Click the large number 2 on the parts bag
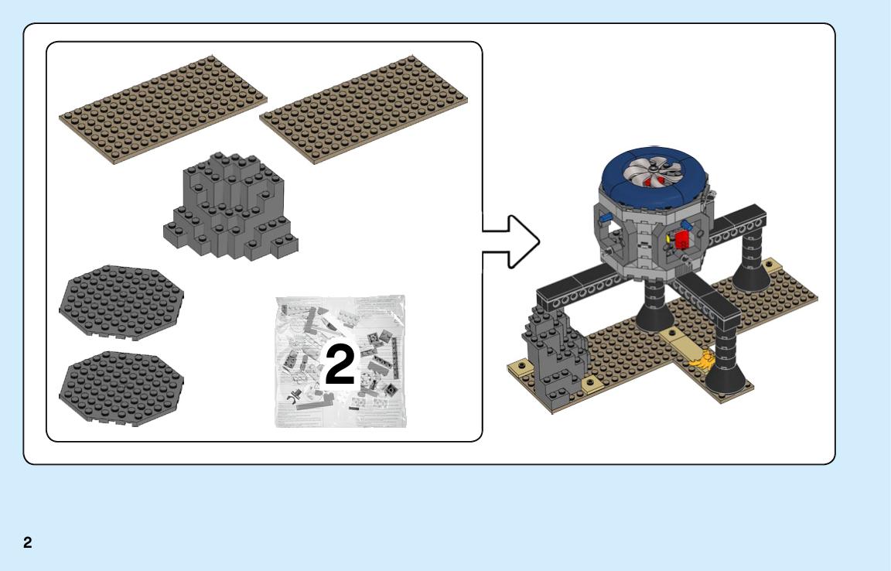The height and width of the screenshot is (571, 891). [x=340, y=364]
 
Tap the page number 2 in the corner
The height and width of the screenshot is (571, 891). [x=28, y=542]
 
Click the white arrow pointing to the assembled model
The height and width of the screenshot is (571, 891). [x=510, y=241]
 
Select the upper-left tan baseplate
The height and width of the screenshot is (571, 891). [x=163, y=109]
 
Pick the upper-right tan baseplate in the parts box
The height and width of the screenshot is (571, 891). [x=364, y=109]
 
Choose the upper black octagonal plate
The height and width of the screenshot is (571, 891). [x=121, y=302]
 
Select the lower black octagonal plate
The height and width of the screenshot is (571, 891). [x=121, y=388]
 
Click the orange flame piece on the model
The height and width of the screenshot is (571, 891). [x=702, y=361]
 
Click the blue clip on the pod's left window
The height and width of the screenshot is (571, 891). [x=606, y=217]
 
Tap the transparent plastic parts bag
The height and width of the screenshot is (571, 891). [x=341, y=361]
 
